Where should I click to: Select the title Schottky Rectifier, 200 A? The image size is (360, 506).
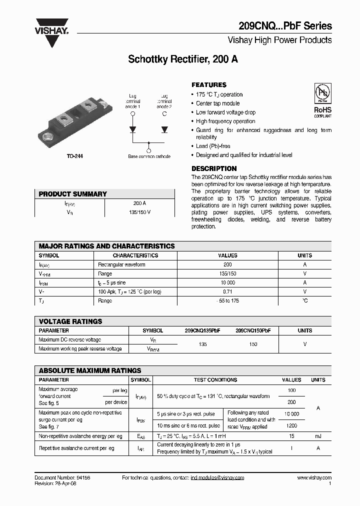point(183,59)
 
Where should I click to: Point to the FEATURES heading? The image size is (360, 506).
point(209,85)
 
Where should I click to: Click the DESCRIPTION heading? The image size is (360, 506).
point(214,168)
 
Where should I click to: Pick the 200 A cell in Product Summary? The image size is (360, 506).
point(139,203)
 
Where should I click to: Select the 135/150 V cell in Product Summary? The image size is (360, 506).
point(139,212)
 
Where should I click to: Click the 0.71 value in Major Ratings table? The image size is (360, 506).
point(227,291)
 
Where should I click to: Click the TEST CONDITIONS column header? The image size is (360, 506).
point(215,380)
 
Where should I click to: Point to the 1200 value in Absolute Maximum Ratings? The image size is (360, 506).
point(291,426)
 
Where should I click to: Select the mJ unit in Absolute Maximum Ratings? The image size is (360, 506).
point(318,436)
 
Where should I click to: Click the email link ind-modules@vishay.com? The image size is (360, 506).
point(217,478)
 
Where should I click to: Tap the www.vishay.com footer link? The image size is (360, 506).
point(314,478)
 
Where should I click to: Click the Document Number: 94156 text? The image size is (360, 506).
point(62,478)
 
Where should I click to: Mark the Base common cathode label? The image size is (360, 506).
point(149,156)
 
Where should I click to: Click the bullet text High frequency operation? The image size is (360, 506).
point(225,121)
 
